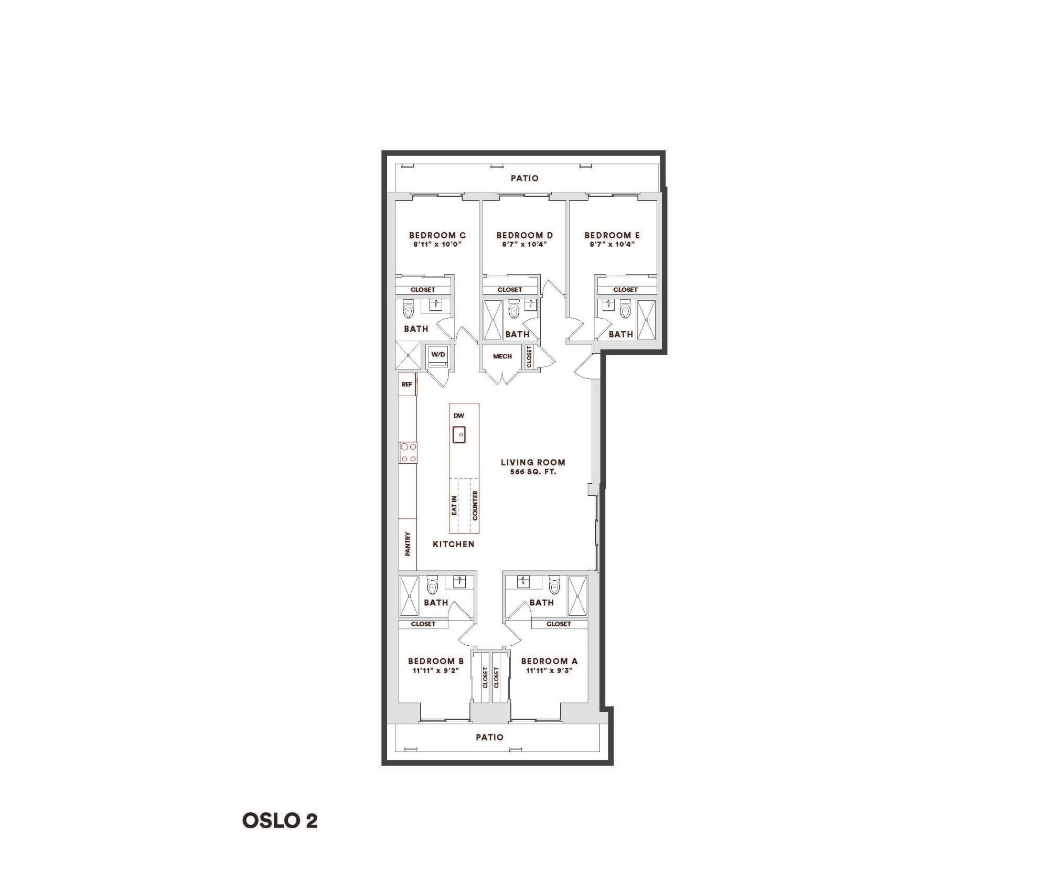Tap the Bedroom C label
(x=437, y=235)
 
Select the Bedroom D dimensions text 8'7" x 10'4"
(x=524, y=244)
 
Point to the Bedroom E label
(x=612, y=235)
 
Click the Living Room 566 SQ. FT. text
(x=532, y=472)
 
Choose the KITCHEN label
(x=453, y=544)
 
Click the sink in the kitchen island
(x=459, y=434)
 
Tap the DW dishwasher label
(x=459, y=416)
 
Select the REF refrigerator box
(x=407, y=384)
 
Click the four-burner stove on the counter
(x=409, y=453)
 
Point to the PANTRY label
(x=408, y=544)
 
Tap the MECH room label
(x=502, y=356)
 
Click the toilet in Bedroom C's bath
(x=409, y=310)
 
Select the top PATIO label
(x=524, y=178)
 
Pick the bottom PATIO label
(x=489, y=737)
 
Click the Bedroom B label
(x=436, y=661)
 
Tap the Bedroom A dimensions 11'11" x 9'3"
(x=549, y=670)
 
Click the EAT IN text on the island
(x=454, y=506)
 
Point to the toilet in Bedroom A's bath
(x=553, y=584)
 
